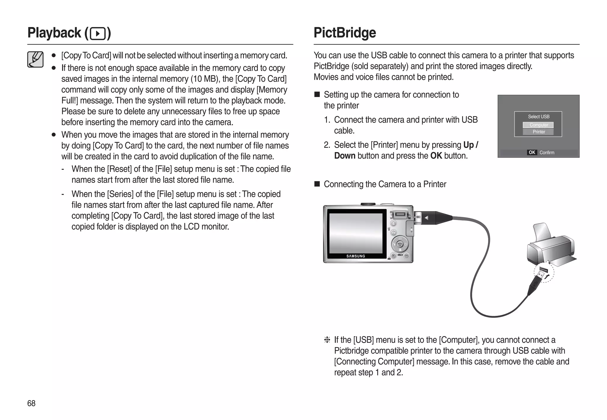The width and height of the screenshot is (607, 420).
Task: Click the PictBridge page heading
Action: tap(345, 33)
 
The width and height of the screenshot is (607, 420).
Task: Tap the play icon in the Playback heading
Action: tap(98, 34)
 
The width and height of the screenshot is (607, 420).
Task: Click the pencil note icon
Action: tap(35, 59)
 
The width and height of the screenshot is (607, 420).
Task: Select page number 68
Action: tap(31, 403)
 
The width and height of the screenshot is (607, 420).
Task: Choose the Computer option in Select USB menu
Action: tap(538, 125)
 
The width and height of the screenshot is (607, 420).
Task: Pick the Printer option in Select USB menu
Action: tap(538, 132)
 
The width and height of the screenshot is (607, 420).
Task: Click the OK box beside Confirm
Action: tap(532, 152)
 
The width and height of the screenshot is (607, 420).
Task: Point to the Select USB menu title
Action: tap(538, 117)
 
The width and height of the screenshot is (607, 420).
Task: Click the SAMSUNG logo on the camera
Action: tap(356, 256)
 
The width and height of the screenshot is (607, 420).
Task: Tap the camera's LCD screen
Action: tap(356, 233)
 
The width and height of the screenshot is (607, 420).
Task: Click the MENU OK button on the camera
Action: tap(400, 245)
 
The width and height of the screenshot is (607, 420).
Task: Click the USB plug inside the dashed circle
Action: tap(542, 272)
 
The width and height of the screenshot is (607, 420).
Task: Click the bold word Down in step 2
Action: tap(344, 156)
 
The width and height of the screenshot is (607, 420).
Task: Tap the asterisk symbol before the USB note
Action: tap(327, 340)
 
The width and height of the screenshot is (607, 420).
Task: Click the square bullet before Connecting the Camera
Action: tap(317, 184)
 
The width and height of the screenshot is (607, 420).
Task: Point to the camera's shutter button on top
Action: tap(368, 204)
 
